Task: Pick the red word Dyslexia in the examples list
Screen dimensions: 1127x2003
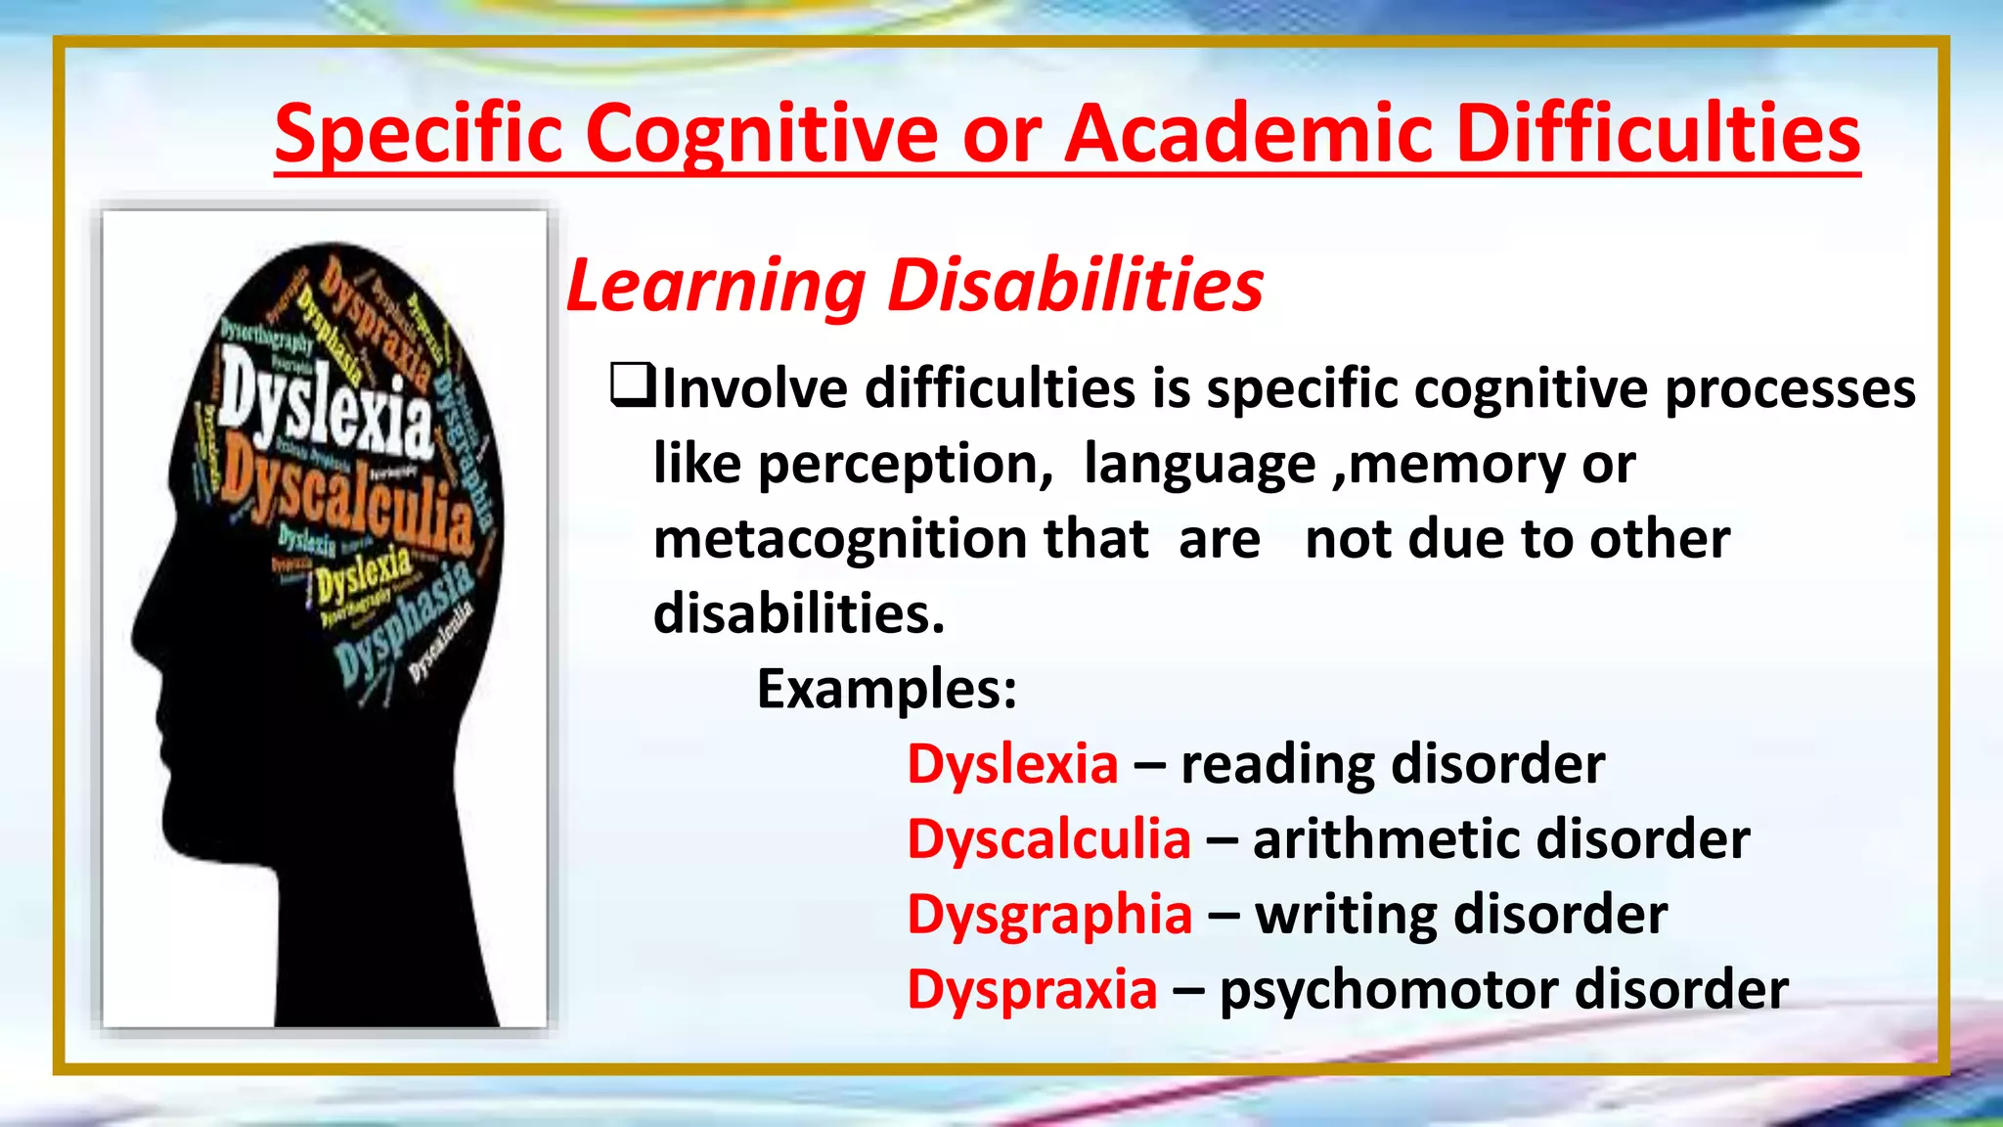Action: coord(1012,764)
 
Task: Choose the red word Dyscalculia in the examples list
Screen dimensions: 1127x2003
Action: coord(1048,839)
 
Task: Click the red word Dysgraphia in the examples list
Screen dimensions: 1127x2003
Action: coord(1049,915)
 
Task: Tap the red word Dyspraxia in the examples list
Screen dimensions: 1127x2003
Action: coord(1032,989)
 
